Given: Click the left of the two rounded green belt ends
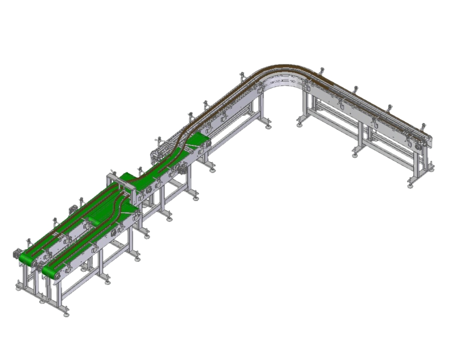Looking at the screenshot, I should coord(26,257).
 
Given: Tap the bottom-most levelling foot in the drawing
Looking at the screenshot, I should coord(67,315).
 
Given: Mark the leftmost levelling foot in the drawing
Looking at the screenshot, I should coord(19,288).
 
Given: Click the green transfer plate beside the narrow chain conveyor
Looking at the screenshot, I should coord(198,139).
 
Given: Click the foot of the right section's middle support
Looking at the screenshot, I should coord(356,154).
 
